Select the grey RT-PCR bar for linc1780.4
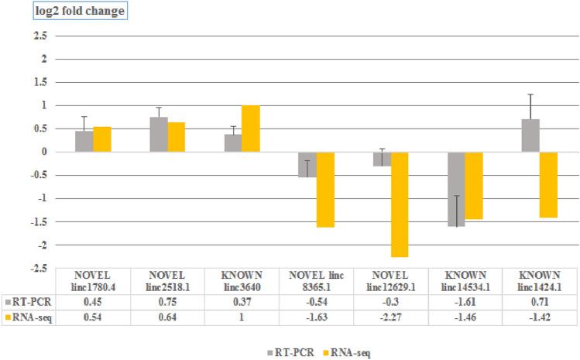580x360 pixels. point(84,141)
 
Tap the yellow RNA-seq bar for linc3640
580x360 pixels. point(251,129)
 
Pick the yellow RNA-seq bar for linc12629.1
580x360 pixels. point(400,204)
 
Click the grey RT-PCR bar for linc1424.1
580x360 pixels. point(530,135)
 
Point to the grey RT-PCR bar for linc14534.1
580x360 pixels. point(456,189)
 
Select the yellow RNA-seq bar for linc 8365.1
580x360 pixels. point(325,189)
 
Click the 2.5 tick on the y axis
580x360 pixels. point(40,36)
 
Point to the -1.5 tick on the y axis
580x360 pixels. point(39,222)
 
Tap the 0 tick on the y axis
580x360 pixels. point(44,152)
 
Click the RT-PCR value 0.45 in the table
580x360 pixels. point(93,302)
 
